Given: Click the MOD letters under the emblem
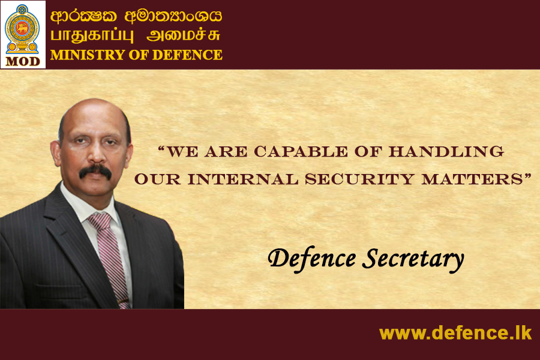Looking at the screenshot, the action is tap(23, 61).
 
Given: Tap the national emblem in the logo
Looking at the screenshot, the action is tap(22, 29).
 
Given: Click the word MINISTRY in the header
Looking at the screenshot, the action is tap(88, 55).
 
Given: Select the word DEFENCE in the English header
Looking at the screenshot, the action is tap(187, 55).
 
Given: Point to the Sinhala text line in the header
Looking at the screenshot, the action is tap(136, 16).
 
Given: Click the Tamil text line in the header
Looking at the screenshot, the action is tap(135, 35).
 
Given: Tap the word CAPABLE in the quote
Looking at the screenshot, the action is tap(301, 152).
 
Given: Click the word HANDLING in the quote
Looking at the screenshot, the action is tap(446, 152).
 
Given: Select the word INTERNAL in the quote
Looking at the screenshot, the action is tap(243, 179).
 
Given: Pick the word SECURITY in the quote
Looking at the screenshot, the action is tap(359, 179).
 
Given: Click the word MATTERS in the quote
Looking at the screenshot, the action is tap(472, 179).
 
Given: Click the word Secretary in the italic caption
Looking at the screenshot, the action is tap(413, 259).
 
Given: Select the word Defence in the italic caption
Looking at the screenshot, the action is tap(311, 259).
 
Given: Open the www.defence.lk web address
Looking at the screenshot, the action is tap(455, 333).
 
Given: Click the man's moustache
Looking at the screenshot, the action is tap(95, 171).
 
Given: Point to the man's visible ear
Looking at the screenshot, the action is tap(55, 153).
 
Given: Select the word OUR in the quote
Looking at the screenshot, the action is tap(157, 179).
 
